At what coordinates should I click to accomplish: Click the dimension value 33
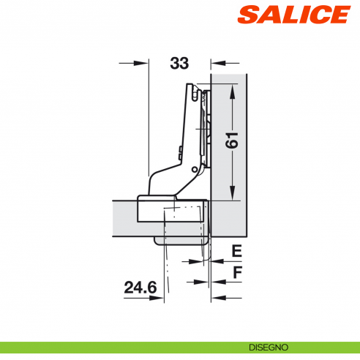click(x=179, y=64)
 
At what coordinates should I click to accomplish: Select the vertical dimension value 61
click(x=232, y=140)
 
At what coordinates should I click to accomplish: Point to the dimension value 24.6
click(x=141, y=288)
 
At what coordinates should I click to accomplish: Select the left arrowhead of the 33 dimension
click(x=143, y=64)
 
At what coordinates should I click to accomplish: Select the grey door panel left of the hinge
click(x=124, y=217)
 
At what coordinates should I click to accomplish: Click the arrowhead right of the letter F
click(x=217, y=297)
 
